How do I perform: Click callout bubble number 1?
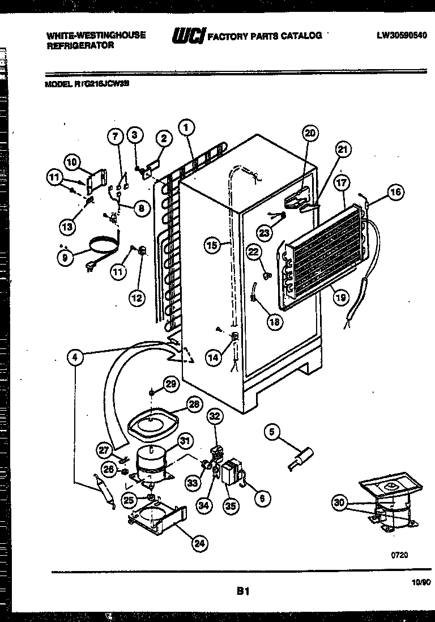tap(185, 127)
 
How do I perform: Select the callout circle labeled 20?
tap(310, 134)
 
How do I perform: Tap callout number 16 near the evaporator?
tap(395, 192)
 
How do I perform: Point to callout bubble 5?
tap(272, 433)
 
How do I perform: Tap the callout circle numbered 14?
tap(214, 357)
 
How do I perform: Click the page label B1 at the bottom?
tap(243, 591)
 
